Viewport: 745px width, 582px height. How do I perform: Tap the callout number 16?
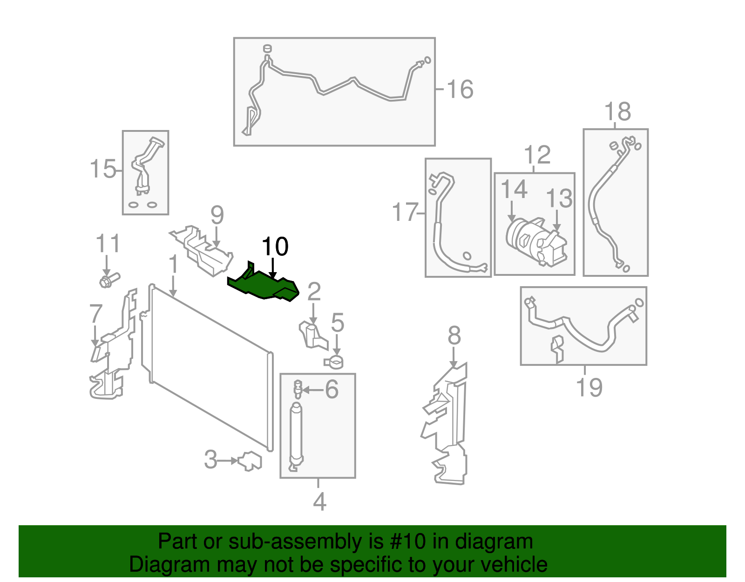pos(460,89)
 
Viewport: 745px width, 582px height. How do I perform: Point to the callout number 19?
pos(589,387)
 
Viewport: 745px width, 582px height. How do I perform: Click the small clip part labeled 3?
pos(250,461)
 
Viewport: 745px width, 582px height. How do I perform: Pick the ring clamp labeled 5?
pos(334,361)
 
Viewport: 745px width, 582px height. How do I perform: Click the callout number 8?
pos(454,336)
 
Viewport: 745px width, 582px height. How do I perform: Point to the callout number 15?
pos(102,169)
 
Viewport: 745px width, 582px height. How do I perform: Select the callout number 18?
pos(617,112)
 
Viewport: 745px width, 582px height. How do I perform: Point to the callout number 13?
pos(559,199)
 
